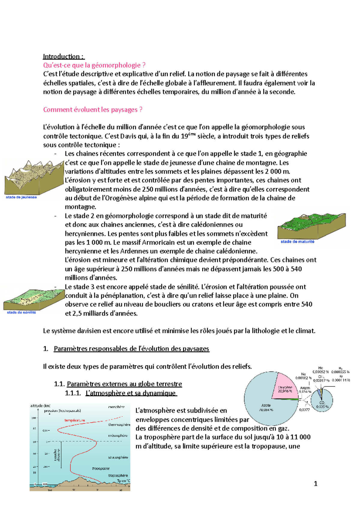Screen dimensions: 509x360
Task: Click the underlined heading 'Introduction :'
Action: tap(64, 56)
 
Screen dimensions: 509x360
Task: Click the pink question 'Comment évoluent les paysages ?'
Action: tap(93, 110)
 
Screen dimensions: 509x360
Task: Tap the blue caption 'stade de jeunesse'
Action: tap(21, 197)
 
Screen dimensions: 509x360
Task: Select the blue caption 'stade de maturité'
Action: tap(297, 242)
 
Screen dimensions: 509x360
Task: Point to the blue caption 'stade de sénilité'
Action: tap(21, 312)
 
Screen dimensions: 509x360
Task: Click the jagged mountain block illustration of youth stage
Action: tap(33, 177)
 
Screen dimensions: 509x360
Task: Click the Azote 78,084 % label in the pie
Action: tap(266, 407)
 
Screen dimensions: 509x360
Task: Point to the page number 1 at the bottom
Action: tap(315, 484)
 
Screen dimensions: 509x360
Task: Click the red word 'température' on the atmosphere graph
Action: tap(75, 420)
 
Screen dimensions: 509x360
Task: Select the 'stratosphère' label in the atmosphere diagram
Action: tap(118, 457)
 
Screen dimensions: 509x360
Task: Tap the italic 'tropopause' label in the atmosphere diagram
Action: tap(101, 468)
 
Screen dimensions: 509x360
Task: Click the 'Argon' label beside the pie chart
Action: tap(305, 388)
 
